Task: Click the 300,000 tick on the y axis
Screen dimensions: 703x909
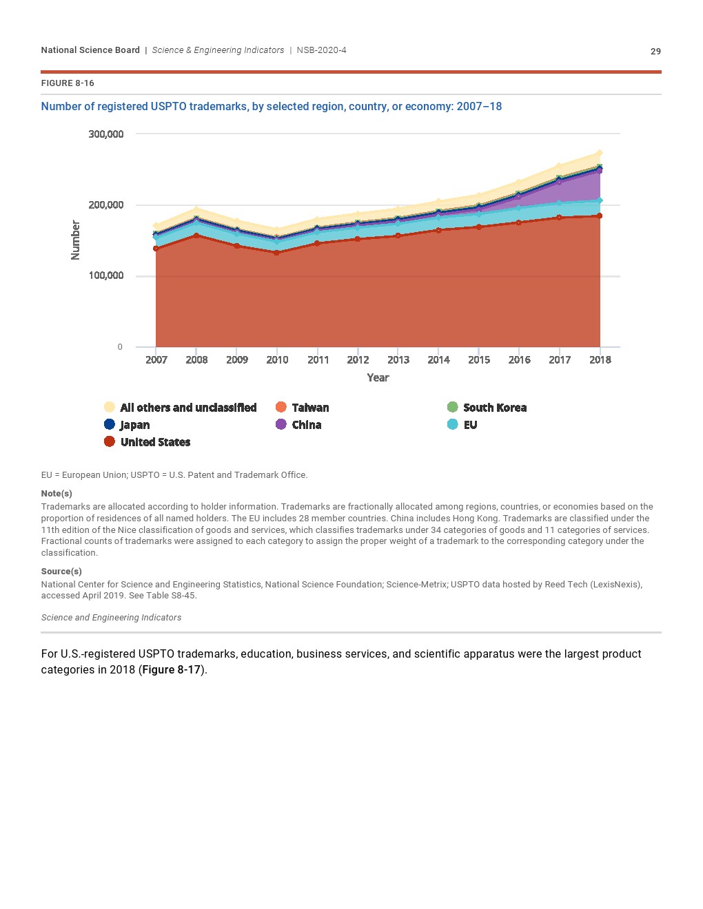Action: (x=106, y=134)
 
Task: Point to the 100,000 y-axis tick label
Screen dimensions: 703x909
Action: (x=106, y=275)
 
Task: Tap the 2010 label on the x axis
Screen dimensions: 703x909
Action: (x=277, y=359)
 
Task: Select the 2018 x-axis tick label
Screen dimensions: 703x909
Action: (x=600, y=359)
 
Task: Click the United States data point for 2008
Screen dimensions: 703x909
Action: (x=196, y=236)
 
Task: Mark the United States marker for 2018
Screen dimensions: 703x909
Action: (x=600, y=216)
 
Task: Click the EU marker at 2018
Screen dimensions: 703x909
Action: (x=600, y=201)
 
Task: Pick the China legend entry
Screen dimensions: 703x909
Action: (x=298, y=425)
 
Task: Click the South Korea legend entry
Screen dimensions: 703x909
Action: (x=487, y=408)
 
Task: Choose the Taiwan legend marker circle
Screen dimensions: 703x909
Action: (x=281, y=407)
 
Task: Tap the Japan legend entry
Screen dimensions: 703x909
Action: (x=127, y=425)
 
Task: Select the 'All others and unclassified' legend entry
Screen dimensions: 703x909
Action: (x=180, y=408)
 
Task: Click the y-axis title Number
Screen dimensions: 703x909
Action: (x=75, y=240)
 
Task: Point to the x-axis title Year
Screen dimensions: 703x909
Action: (x=378, y=378)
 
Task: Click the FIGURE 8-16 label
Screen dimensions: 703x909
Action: (x=68, y=83)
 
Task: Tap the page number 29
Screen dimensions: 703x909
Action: (x=655, y=52)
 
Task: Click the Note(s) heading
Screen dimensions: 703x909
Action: (x=57, y=494)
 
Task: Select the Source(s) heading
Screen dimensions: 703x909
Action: (x=61, y=572)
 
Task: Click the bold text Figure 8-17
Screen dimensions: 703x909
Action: (x=172, y=670)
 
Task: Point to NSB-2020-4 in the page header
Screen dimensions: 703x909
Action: (x=322, y=50)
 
